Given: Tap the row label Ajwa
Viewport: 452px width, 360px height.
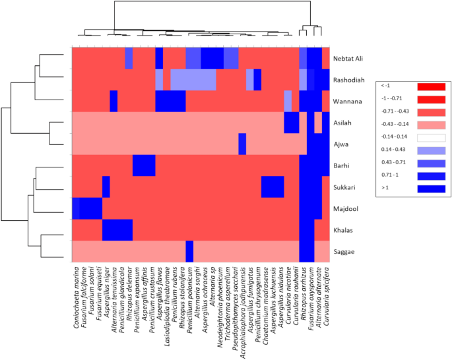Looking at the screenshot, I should (x=344, y=144).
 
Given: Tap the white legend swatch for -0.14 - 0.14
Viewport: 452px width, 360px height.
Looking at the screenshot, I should (x=432, y=137).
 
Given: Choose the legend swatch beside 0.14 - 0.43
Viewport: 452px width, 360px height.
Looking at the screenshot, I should (x=432, y=150).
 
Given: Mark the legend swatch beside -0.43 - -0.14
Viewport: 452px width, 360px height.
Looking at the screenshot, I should (x=432, y=125).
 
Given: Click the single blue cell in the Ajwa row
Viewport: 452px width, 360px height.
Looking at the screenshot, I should (x=242, y=144).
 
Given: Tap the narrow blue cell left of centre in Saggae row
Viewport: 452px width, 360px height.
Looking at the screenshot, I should (x=189, y=251).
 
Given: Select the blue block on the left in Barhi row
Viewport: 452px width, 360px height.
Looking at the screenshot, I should (x=144, y=165).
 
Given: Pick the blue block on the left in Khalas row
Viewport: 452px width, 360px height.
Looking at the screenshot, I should (x=117, y=230).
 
